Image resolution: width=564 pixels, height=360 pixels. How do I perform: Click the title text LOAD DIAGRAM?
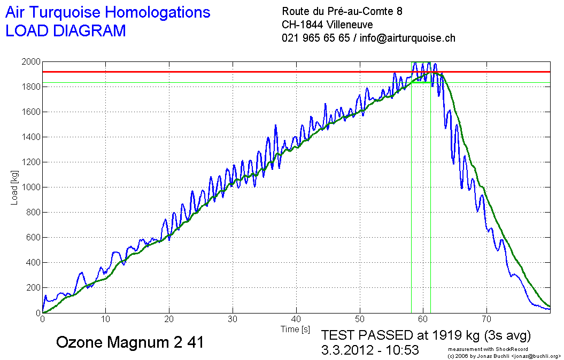(65, 30)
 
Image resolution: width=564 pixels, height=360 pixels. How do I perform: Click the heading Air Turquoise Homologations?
(107, 12)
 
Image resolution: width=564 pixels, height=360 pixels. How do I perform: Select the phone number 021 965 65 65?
(315, 38)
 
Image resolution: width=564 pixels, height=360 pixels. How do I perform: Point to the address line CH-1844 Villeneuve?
(327, 25)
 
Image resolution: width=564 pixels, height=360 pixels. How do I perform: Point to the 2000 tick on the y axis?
(30, 62)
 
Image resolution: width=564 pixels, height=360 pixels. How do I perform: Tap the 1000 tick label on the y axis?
(30, 187)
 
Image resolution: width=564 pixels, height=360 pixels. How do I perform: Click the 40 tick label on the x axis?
(296, 319)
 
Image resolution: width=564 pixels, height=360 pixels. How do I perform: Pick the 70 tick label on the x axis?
(486, 319)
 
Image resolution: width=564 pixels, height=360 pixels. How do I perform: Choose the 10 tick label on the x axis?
(106, 319)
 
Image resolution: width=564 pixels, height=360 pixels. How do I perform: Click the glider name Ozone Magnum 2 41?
(130, 342)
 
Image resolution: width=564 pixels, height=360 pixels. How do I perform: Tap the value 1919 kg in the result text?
(452, 335)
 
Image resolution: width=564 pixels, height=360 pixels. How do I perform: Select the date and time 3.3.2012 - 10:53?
(370, 350)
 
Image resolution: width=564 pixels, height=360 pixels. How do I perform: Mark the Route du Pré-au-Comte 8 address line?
(342, 11)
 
